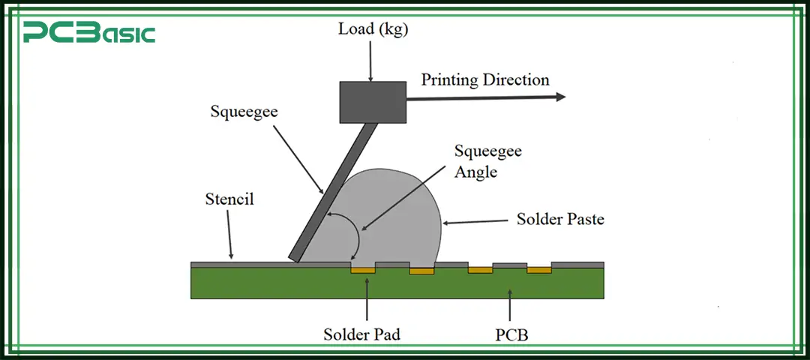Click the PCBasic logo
[x=88, y=33]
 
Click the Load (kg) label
[x=372, y=31]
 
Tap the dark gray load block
[x=373, y=102]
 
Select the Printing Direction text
[x=484, y=79]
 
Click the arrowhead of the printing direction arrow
[x=559, y=97]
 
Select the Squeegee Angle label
[x=487, y=161]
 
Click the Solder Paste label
[x=560, y=220]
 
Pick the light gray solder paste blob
[x=390, y=217]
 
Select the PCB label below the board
[x=511, y=334]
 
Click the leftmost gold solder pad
[x=364, y=268]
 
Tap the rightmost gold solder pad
[x=538, y=268]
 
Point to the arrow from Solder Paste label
[x=476, y=221]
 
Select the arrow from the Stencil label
[x=229, y=238]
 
